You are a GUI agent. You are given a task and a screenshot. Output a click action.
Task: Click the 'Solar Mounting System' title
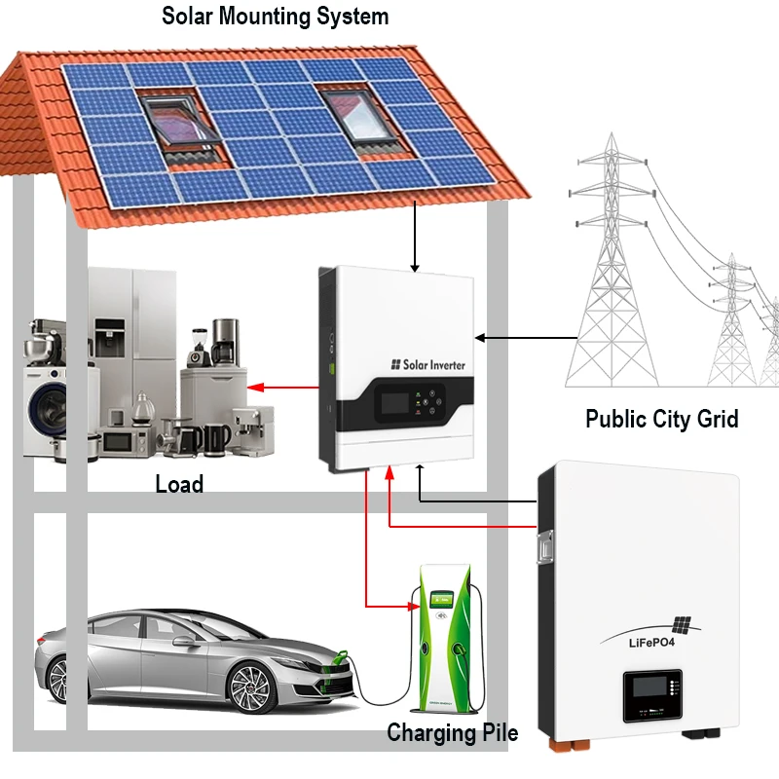[x=275, y=17]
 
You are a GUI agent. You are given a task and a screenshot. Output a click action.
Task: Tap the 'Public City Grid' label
[x=662, y=420]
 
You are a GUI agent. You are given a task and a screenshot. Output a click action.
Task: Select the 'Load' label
[x=179, y=484]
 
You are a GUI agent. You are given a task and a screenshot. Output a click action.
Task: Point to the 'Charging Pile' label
[x=452, y=732]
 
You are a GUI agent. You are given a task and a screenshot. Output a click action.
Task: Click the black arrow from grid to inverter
[x=526, y=338]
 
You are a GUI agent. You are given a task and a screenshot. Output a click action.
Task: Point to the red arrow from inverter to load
[x=282, y=388]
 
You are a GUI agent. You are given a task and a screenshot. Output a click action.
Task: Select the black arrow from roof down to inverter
[x=415, y=234]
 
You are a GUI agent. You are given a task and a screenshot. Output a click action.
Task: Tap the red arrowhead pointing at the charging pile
[x=414, y=606]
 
